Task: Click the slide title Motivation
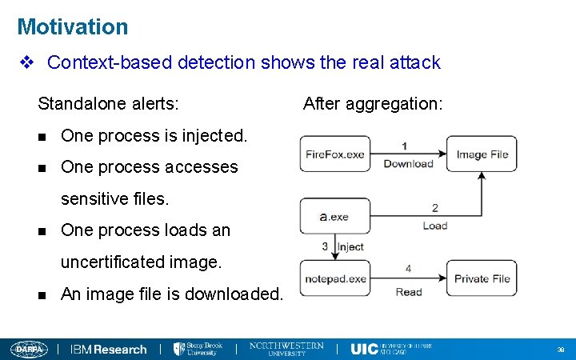click(72, 27)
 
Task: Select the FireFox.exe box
click(334, 154)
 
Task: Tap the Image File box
click(482, 154)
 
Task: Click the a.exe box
click(334, 216)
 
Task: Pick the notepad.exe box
click(334, 278)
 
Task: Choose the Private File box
click(482, 278)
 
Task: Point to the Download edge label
click(408, 164)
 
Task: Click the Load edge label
click(434, 226)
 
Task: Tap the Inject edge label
click(350, 247)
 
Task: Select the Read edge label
click(408, 292)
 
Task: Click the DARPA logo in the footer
click(30, 349)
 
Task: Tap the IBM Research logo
click(108, 349)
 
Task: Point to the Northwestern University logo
click(286, 349)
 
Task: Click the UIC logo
click(390, 349)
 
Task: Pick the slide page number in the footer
click(560, 350)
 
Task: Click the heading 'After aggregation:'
click(373, 103)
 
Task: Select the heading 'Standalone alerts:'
click(109, 103)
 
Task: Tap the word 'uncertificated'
click(112, 262)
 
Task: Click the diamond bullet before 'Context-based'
click(26, 62)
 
